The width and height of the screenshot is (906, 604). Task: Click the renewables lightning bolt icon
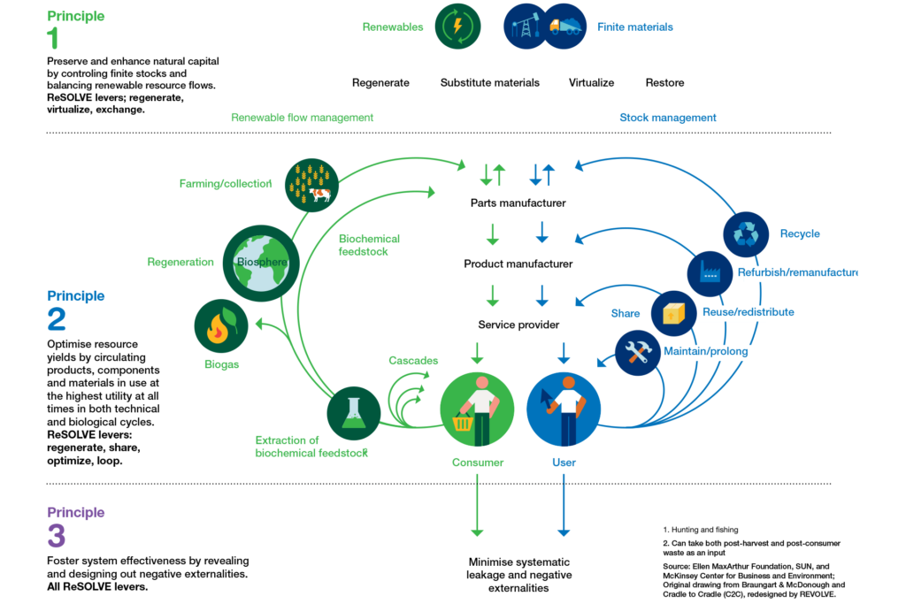[x=457, y=27]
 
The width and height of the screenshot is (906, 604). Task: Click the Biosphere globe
[x=256, y=263]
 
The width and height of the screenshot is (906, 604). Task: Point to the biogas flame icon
[x=220, y=326]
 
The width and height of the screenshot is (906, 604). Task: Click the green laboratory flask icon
[x=354, y=413]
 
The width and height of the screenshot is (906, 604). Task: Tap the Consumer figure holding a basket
[x=477, y=409]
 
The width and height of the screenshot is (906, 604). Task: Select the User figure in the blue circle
[x=564, y=409]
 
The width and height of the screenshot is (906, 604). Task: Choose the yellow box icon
[x=674, y=313]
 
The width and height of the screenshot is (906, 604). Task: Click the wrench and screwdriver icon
[x=638, y=353]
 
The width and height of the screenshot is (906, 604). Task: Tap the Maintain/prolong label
[x=706, y=352]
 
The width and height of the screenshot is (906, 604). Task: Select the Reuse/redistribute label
[x=733, y=312]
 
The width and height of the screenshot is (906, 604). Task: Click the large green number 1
[x=54, y=38]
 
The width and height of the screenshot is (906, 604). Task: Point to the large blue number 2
[x=57, y=318]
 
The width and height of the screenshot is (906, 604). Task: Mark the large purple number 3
[x=57, y=536]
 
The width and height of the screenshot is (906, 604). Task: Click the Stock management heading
[x=668, y=118]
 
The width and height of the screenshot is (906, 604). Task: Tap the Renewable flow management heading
[x=302, y=118]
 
